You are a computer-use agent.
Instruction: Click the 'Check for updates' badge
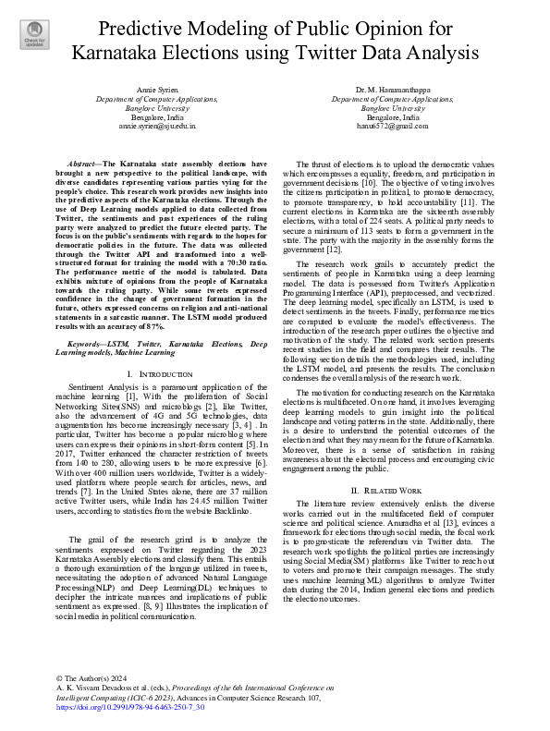tap(33, 35)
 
